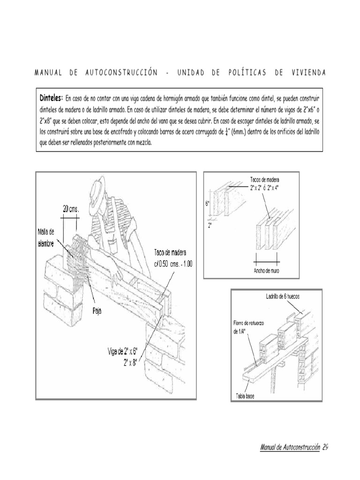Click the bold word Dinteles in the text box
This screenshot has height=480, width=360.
(51, 98)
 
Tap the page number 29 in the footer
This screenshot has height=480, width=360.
(325, 447)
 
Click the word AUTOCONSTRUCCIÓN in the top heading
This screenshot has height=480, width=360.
(121, 73)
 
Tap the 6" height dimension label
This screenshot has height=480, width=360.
(207, 203)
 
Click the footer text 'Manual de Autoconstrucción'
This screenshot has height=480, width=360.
(290, 447)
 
